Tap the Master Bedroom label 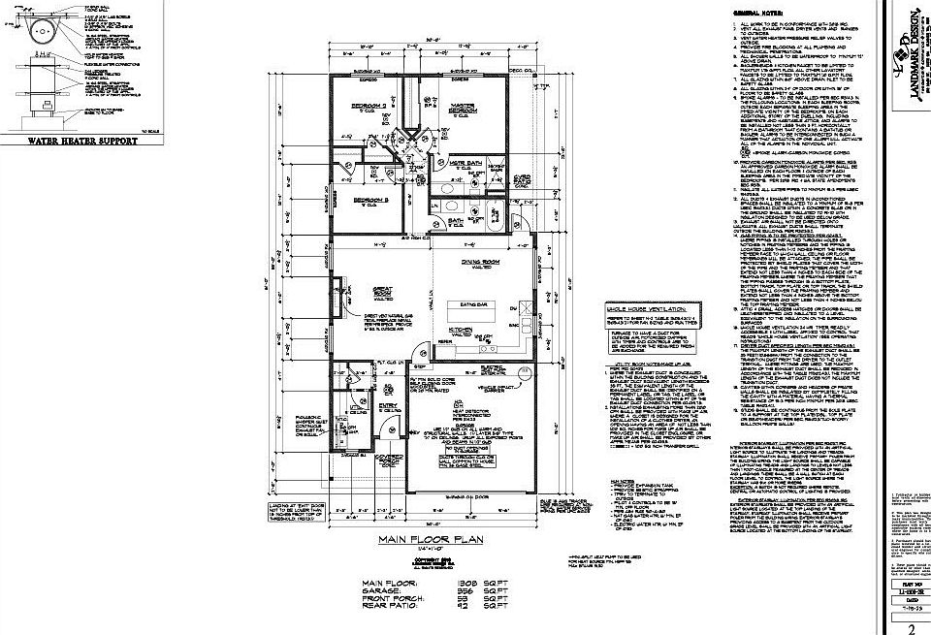coord(462,110)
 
